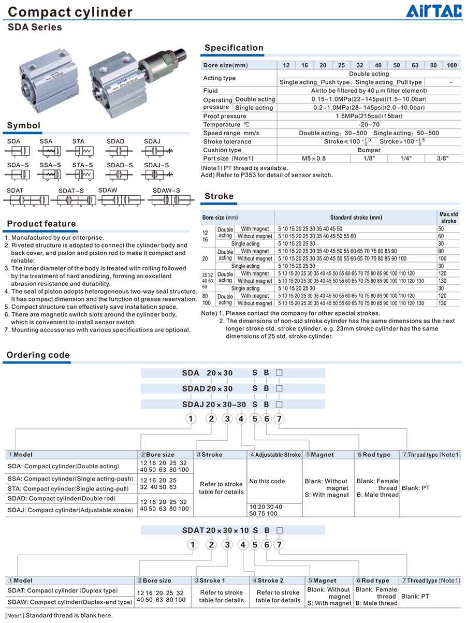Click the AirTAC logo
pos(433,11)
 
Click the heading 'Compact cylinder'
pos(70,12)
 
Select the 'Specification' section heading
pos(234,48)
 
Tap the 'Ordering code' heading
pos(38,355)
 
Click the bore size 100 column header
pos(452,65)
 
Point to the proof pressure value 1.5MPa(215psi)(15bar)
pos(369,116)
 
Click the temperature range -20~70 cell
pos(369,124)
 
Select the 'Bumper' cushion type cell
pos(369,150)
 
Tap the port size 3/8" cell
pos(442,158)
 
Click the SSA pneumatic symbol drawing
pos(49,151)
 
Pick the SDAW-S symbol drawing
pos(171,200)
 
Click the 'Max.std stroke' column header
pos(448,218)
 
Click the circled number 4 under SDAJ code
pos(241,418)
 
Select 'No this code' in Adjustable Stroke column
pos(267,481)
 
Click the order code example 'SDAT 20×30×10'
pos(215,530)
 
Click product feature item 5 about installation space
pos(91,307)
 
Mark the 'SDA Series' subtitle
pos(35,27)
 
